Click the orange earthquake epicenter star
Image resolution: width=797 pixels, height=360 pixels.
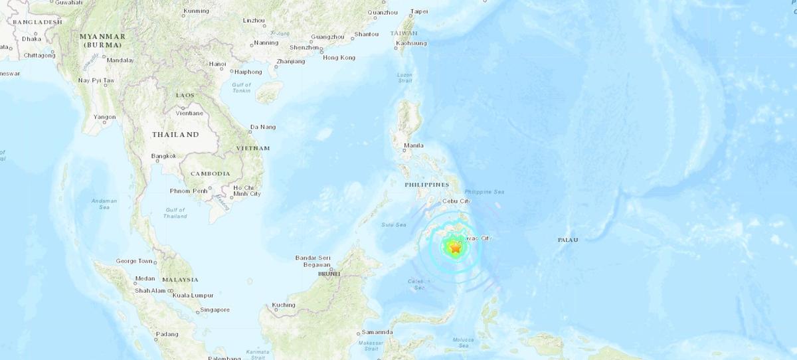click(455, 248)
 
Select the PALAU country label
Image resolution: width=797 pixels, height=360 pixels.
click(567, 240)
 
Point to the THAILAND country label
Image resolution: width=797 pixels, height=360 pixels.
click(175, 135)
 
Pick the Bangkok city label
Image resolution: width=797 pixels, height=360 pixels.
click(163, 156)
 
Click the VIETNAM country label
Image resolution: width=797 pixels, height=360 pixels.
click(254, 148)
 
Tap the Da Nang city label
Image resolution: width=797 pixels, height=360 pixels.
click(262, 127)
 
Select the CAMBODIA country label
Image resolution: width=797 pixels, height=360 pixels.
click(210, 173)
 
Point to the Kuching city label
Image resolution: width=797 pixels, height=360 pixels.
click(284, 306)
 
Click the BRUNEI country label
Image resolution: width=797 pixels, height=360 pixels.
click(329, 274)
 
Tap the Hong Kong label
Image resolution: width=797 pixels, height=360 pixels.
click(339, 58)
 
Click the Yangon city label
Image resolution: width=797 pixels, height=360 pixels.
click(104, 117)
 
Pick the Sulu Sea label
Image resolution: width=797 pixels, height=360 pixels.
click(393, 225)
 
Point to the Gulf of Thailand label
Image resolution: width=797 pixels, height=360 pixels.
click(175, 213)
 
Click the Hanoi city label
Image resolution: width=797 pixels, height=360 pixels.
click(217, 64)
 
